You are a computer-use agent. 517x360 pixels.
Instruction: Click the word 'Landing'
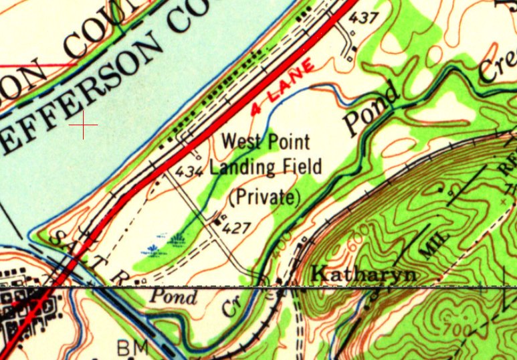point(241,167)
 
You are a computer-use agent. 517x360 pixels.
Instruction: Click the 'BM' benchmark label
point(132,347)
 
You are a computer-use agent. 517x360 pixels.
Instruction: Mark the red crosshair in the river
point(83,125)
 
